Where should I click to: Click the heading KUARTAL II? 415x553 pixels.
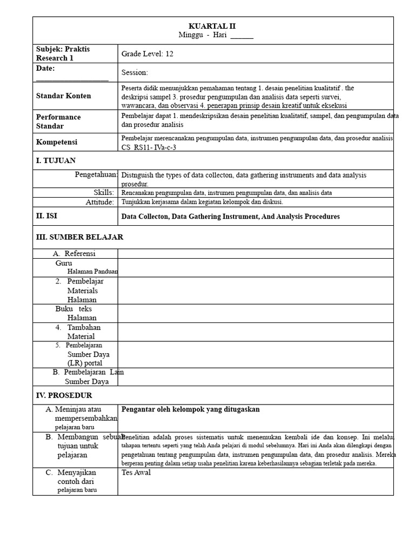pyautogui.click(x=212, y=26)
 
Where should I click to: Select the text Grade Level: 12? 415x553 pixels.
pyautogui.click(x=148, y=53)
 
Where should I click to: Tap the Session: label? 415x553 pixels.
pyautogui.click(x=135, y=72)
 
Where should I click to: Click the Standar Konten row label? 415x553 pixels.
pyautogui.click(x=63, y=96)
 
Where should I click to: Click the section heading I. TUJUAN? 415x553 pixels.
pyautogui.click(x=56, y=160)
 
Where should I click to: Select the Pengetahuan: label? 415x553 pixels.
pyautogui.click(x=96, y=174)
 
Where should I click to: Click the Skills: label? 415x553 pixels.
pyautogui.click(x=104, y=192)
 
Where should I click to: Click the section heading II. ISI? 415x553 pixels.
pyautogui.click(x=48, y=216)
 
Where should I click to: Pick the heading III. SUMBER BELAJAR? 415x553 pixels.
pyautogui.click(x=79, y=237)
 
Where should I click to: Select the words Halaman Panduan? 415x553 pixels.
pyautogui.click(x=92, y=272)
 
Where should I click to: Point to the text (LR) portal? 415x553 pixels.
pyautogui.click(x=85, y=363)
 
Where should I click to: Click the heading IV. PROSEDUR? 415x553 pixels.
pyautogui.click(x=64, y=395)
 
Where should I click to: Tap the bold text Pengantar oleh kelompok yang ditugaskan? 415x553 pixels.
pyautogui.click(x=190, y=409)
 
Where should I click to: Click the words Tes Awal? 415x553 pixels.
pyautogui.click(x=136, y=473)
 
